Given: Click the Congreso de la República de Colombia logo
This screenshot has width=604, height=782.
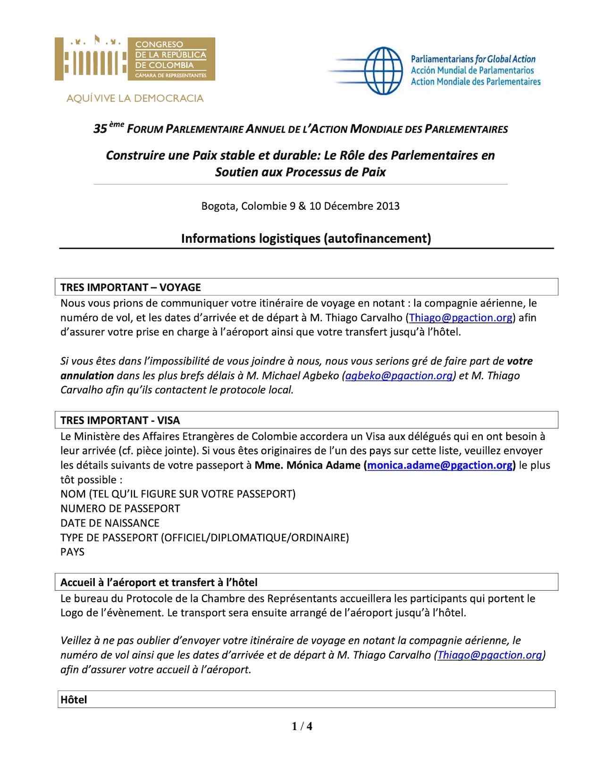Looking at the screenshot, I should click(x=134, y=59).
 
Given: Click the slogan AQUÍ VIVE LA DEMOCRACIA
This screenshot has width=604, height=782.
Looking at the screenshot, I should click(x=135, y=99).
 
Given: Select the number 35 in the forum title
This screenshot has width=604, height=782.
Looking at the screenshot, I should click(x=100, y=129).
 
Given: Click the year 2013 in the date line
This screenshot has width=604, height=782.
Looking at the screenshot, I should click(x=388, y=206).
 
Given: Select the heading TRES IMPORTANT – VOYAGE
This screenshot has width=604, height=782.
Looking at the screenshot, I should click(x=131, y=287).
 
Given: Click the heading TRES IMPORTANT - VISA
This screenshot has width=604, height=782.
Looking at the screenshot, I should click(x=120, y=420).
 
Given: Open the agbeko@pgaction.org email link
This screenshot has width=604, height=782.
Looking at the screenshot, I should click(x=399, y=376).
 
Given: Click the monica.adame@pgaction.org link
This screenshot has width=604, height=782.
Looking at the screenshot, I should click(x=440, y=465).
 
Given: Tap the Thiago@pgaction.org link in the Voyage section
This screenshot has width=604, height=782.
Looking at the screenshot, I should click(x=461, y=317).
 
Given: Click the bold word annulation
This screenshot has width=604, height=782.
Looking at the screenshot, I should click(x=87, y=376).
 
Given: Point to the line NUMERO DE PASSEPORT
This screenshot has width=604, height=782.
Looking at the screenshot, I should click(x=120, y=509).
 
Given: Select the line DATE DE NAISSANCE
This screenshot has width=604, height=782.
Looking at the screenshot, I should click(x=110, y=523).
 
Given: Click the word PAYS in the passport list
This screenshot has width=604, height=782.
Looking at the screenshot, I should click(x=72, y=552).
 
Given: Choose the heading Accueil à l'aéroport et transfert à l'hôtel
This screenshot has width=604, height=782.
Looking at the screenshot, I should click(x=159, y=582).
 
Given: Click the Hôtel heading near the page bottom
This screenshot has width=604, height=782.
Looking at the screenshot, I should click(x=74, y=700).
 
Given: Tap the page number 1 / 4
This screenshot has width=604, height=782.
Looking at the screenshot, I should click(x=302, y=726).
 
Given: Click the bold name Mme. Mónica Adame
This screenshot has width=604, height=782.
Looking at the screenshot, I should click(x=307, y=465).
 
